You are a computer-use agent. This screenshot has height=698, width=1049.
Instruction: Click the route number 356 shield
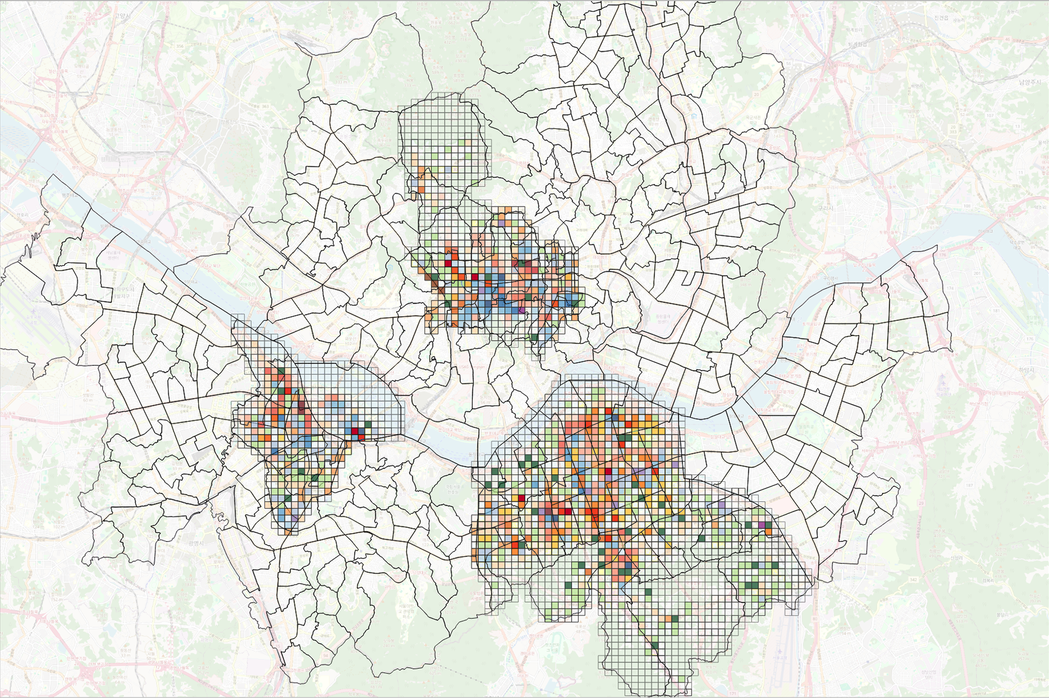pos(180,46)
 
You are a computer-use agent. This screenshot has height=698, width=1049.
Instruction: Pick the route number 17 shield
pos(178,114)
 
